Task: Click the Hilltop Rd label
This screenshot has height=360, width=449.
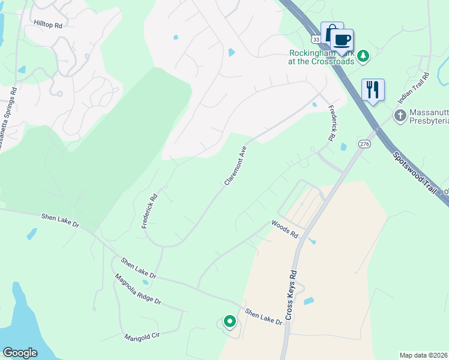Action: pyautogui.click(x=48, y=25)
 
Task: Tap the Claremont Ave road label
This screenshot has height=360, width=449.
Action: pyautogui.click(x=235, y=165)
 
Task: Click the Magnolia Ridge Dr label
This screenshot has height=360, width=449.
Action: pyautogui.click(x=139, y=290)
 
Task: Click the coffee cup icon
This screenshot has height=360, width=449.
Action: pyautogui.click(x=342, y=40)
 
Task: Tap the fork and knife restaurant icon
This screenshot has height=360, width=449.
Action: pyautogui.click(x=373, y=90)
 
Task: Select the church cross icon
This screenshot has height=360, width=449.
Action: pyautogui.click(x=400, y=114)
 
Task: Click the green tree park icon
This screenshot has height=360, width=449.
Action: pyautogui.click(x=363, y=56)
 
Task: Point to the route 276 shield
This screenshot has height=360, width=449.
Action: pyautogui.click(x=364, y=144)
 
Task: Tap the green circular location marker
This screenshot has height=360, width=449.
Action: pyautogui.click(x=229, y=322)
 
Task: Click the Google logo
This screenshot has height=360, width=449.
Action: pyautogui.click(x=20, y=352)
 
